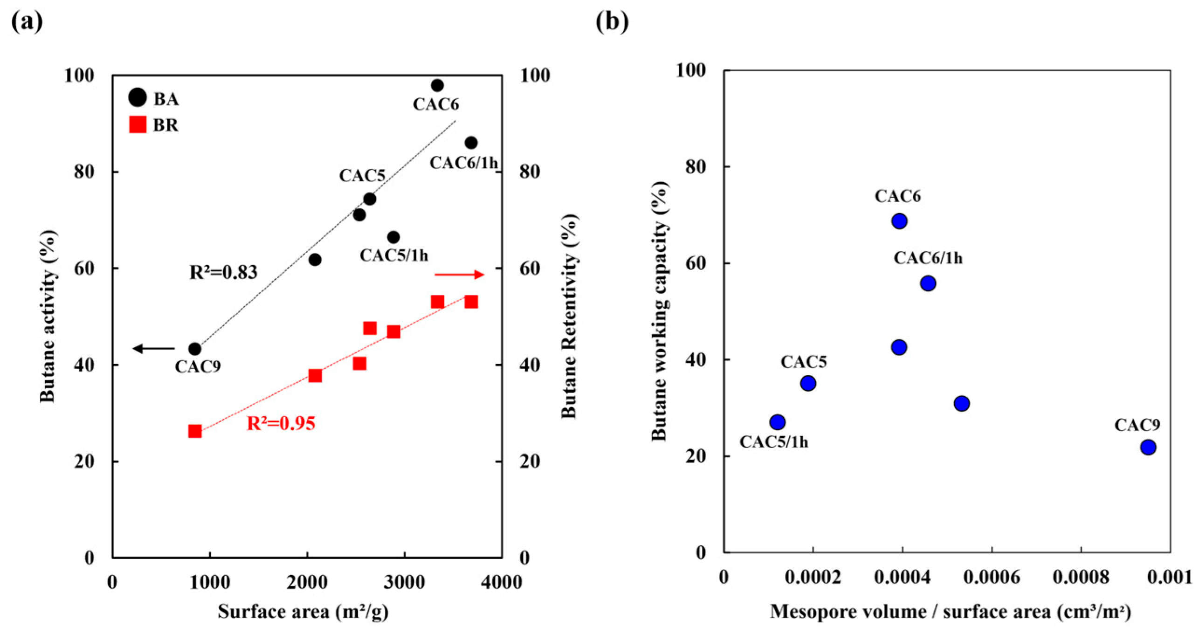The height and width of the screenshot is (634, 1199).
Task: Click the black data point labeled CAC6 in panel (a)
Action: [x=437, y=85]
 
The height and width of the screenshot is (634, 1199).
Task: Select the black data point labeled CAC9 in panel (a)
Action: [x=195, y=349]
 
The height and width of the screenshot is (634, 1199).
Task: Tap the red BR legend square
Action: [x=138, y=124]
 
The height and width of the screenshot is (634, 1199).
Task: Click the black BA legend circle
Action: [x=137, y=97]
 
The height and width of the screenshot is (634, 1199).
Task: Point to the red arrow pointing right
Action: [x=459, y=275]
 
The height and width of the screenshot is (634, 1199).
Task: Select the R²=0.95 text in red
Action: [x=281, y=424]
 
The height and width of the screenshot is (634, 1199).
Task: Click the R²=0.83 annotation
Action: [x=223, y=273]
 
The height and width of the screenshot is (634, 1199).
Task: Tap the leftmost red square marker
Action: [x=195, y=431]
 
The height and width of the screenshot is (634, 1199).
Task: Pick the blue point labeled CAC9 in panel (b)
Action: [x=1148, y=447]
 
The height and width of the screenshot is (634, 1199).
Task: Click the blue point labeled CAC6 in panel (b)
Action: [x=899, y=221]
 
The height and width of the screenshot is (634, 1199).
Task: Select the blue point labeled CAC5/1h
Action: [x=777, y=422]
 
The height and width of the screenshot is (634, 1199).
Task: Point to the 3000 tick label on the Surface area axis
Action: [x=404, y=582]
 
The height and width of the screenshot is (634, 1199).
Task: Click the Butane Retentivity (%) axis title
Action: [x=570, y=317]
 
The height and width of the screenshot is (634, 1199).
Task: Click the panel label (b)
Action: [x=612, y=22]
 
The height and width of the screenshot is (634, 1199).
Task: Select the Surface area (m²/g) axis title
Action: [x=303, y=612]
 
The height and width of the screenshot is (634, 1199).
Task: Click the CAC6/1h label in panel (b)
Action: [x=928, y=258]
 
